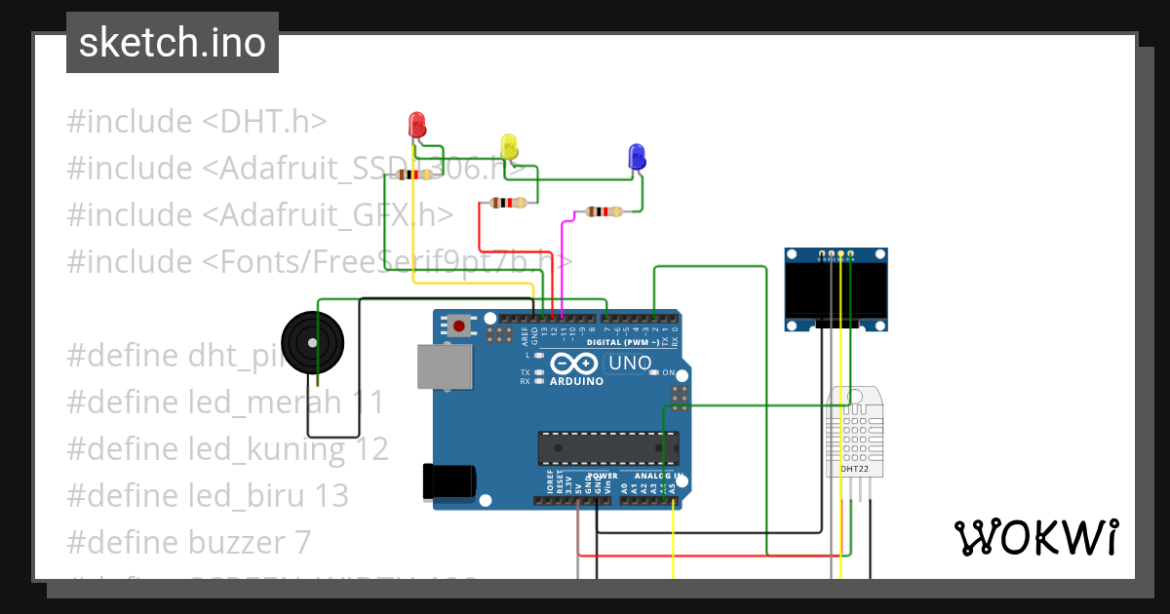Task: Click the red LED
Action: point(416,125)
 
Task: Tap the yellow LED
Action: point(508,146)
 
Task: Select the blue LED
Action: point(636,156)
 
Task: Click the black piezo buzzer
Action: point(312,342)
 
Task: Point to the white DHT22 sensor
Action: point(856,434)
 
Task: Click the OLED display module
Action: point(837,289)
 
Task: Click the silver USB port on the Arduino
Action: point(445,366)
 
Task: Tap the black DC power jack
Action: point(448,482)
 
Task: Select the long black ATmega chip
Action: point(608,447)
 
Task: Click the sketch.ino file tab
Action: point(173,43)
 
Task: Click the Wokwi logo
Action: point(1035,537)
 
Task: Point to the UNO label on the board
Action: point(629,364)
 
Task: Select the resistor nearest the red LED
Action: point(414,175)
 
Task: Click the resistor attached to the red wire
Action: point(507,203)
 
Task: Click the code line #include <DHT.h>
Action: point(196,122)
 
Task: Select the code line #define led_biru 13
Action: point(208,495)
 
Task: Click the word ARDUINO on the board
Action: point(576,381)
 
